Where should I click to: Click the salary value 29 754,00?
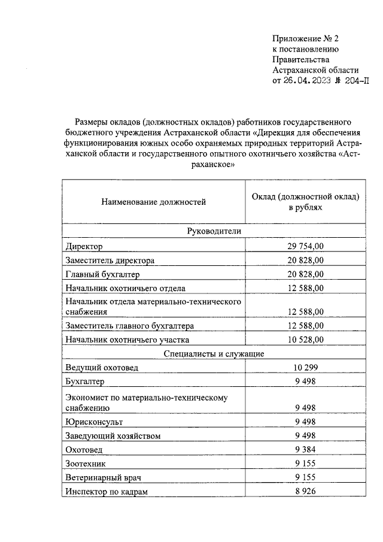click(305, 246)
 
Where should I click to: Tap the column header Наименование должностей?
click(153, 202)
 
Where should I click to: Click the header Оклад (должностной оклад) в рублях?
click(305, 202)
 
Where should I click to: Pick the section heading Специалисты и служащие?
click(214, 353)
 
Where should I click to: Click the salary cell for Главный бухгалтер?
click(305, 274)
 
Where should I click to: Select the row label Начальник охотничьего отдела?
click(126, 288)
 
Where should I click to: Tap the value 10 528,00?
click(305, 340)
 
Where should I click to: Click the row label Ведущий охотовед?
click(102, 368)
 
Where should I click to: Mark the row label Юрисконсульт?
click(95, 422)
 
